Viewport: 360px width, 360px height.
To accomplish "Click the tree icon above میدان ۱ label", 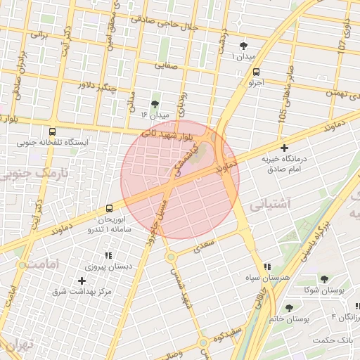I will point(243,44).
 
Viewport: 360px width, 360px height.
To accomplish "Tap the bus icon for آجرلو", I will point(255,72).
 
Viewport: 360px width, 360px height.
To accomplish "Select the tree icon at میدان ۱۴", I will point(155,103).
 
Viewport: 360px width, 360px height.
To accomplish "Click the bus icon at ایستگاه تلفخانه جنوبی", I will point(52,131).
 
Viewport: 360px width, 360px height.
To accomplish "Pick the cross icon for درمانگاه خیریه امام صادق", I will point(284,148).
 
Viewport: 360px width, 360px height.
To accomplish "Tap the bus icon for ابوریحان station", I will point(109,208).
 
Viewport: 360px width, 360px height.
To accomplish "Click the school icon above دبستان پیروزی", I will point(108,256).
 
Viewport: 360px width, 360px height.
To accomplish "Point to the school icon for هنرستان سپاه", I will point(266,267).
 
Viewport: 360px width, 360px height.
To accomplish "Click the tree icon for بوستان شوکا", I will point(324,279).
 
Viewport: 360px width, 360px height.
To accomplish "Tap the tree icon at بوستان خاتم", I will point(289,308).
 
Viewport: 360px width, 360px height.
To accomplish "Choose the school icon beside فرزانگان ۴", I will point(356,307).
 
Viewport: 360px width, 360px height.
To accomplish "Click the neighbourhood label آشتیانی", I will point(266,205).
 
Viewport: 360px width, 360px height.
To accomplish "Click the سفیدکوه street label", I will point(231,331).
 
